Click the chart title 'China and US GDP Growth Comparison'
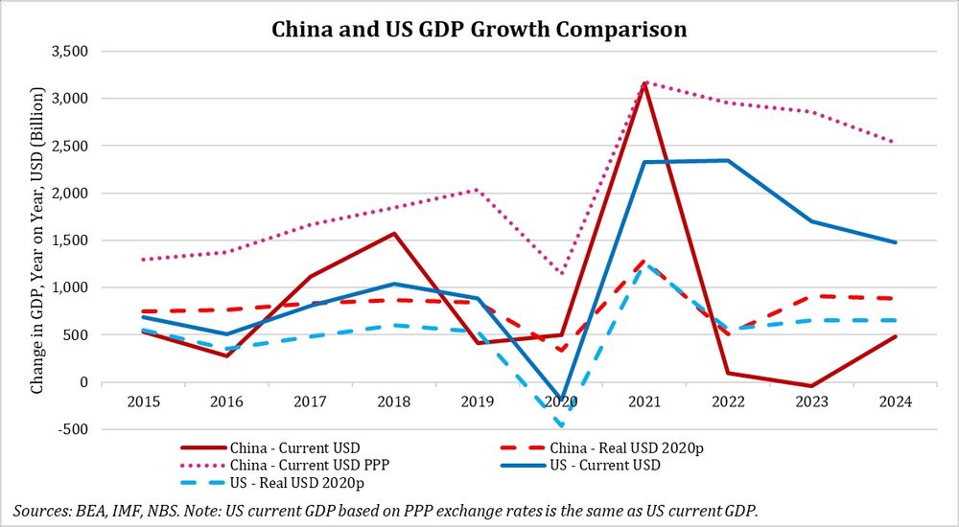[x=479, y=29]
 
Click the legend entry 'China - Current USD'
[x=283, y=447]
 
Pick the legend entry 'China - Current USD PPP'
[x=296, y=466]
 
